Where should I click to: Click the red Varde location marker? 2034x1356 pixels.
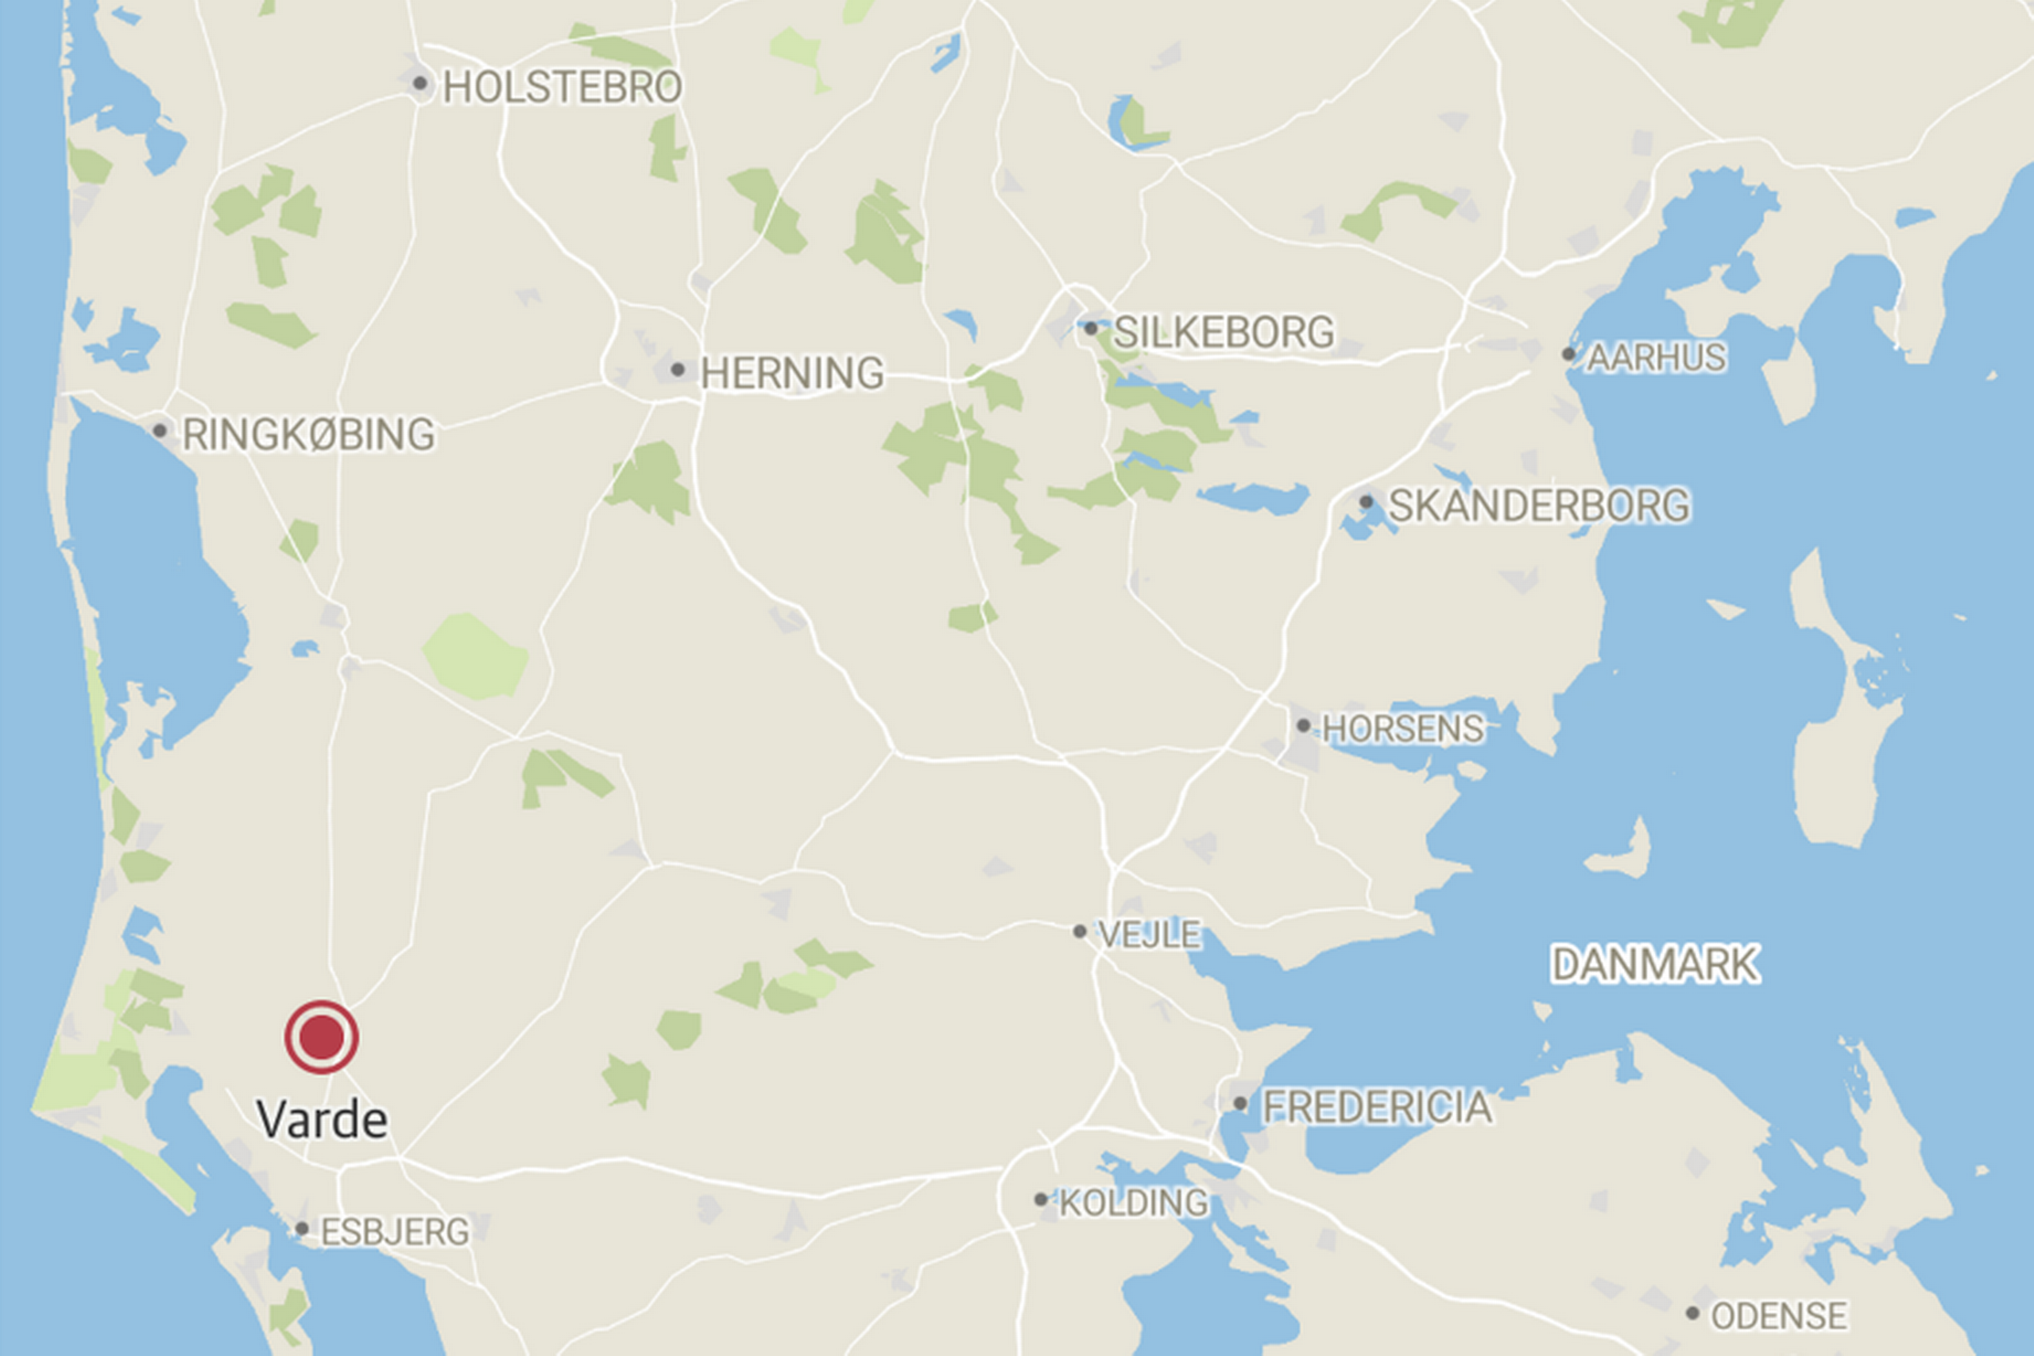click(x=322, y=1037)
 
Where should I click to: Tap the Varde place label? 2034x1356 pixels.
click(x=322, y=1120)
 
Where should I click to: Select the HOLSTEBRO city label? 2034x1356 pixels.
click(x=562, y=87)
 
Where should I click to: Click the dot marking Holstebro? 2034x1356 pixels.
click(x=420, y=84)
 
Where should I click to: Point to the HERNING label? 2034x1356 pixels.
click(x=792, y=373)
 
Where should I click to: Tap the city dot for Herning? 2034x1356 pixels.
click(x=678, y=370)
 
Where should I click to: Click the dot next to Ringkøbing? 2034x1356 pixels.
click(x=160, y=430)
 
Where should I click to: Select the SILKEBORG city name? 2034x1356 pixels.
click(x=1224, y=332)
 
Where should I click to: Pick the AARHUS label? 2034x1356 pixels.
click(x=1656, y=357)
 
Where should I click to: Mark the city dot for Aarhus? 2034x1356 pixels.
click(x=1568, y=353)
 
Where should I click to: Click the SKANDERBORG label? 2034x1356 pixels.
click(x=1538, y=506)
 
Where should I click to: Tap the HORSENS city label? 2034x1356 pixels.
click(x=1402, y=729)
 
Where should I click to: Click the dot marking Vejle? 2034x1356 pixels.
click(x=1080, y=931)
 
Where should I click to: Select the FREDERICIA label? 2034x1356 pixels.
click(x=1377, y=1107)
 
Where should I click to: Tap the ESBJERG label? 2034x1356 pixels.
click(x=395, y=1232)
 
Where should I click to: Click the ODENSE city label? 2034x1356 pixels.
click(x=1779, y=1316)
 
